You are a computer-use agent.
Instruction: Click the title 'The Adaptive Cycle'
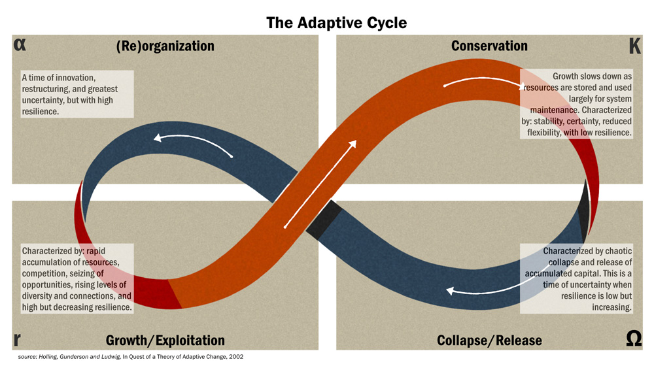click(x=336, y=23)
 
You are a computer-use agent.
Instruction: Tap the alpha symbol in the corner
click(x=20, y=45)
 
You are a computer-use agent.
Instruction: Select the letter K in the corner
click(x=634, y=46)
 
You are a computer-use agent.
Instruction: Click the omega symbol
click(x=634, y=339)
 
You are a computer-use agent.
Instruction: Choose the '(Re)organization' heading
click(x=165, y=46)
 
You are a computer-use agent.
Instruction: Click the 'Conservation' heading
click(x=489, y=46)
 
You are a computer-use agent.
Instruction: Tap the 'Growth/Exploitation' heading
click(x=165, y=341)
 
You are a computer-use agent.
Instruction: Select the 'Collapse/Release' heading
click(x=489, y=341)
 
